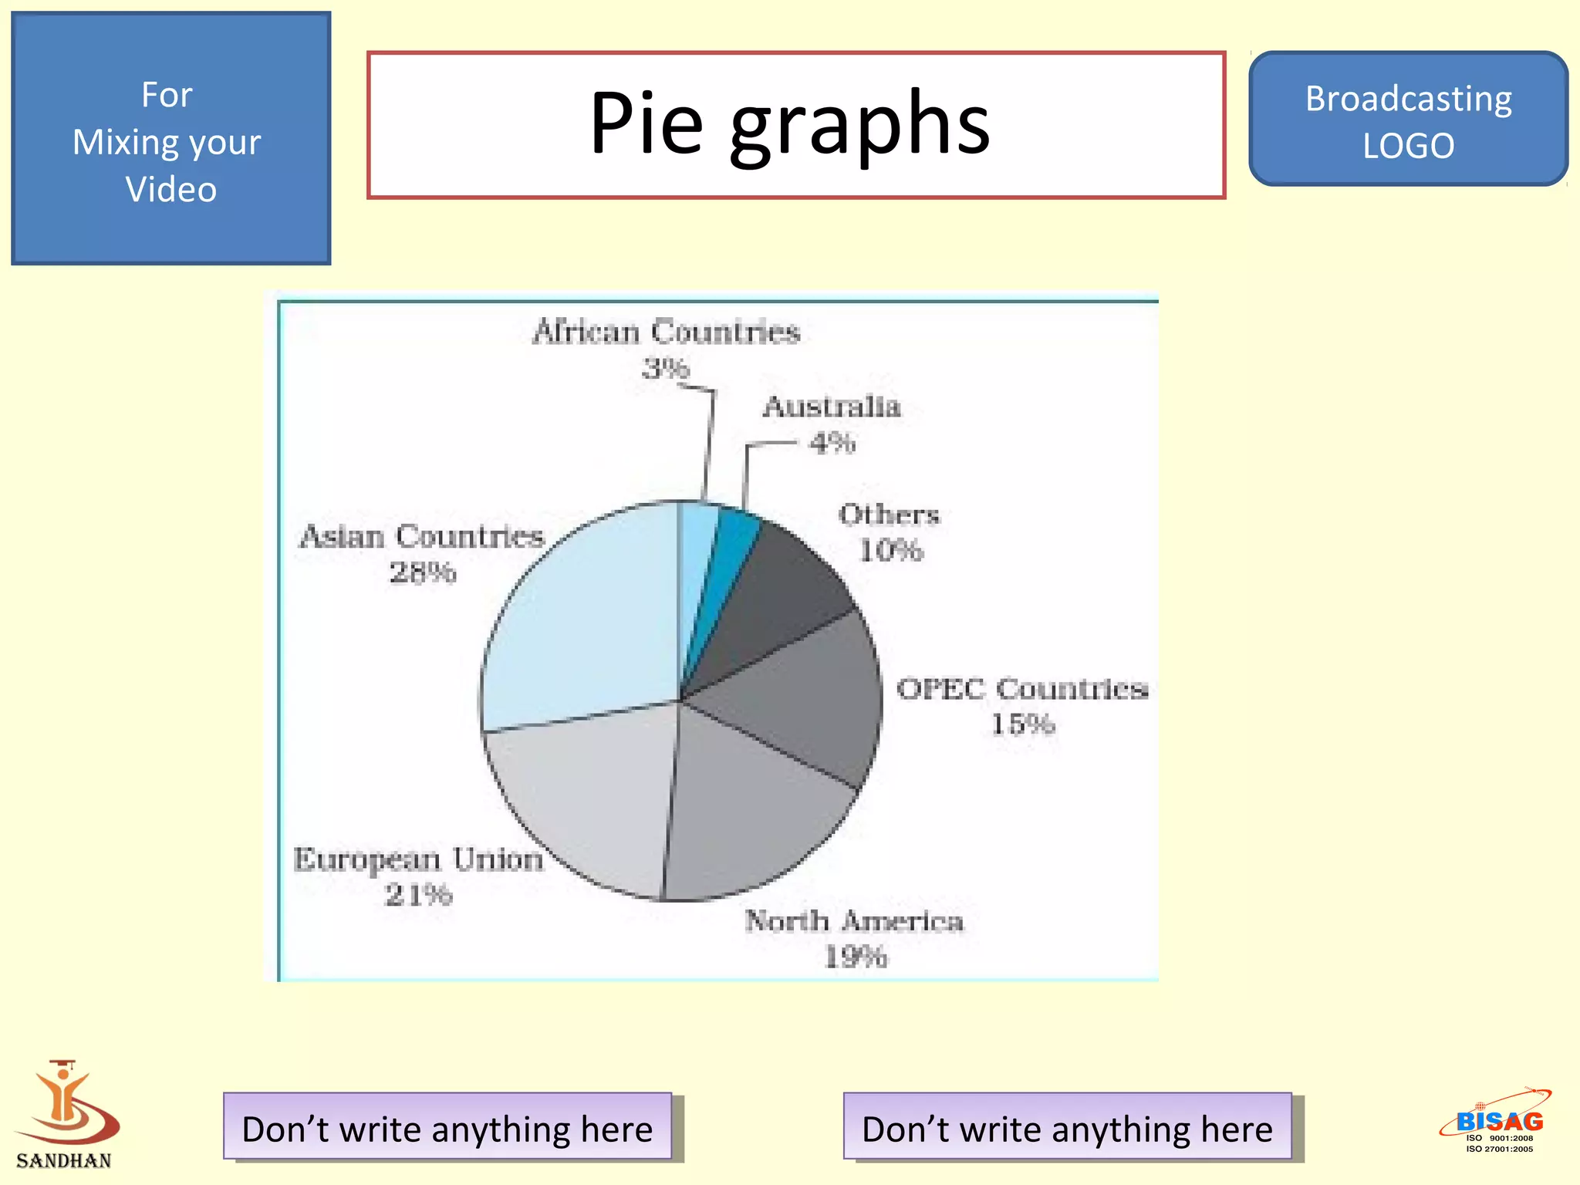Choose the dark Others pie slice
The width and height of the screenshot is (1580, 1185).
(779, 594)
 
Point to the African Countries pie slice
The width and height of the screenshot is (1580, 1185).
(697, 540)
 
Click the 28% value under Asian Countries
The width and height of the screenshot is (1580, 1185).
(423, 572)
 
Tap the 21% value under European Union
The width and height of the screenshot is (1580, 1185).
(418, 895)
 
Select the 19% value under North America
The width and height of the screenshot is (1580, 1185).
(856, 957)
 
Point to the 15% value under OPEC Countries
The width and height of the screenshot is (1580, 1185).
(1022, 724)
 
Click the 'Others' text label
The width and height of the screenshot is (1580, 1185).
(889, 515)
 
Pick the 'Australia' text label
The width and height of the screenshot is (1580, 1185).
(832, 407)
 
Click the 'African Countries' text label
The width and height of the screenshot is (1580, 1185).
(666, 332)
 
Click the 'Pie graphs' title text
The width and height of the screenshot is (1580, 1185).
(790, 123)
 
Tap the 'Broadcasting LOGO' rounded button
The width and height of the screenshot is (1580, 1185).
(1408, 120)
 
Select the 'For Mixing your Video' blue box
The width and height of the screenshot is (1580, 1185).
(170, 139)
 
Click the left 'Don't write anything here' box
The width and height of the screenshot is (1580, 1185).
(447, 1127)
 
